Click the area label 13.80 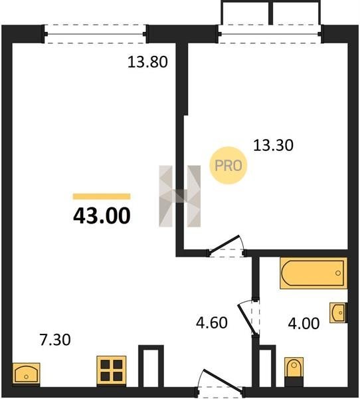point(147,62)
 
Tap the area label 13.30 point(273,145)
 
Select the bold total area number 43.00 point(102,215)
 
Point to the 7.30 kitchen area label point(55,340)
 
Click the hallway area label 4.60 point(212,323)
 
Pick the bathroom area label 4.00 point(304,323)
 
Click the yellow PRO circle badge point(228,166)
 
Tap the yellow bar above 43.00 point(102,196)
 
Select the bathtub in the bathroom point(314,273)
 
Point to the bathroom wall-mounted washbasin point(338,313)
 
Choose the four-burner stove point(112,370)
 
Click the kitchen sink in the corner point(26,374)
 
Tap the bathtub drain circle point(338,273)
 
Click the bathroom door point(248,318)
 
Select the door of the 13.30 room point(226,246)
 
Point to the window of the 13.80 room point(95,34)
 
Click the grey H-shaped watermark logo point(180,196)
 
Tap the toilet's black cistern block point(294,382)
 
